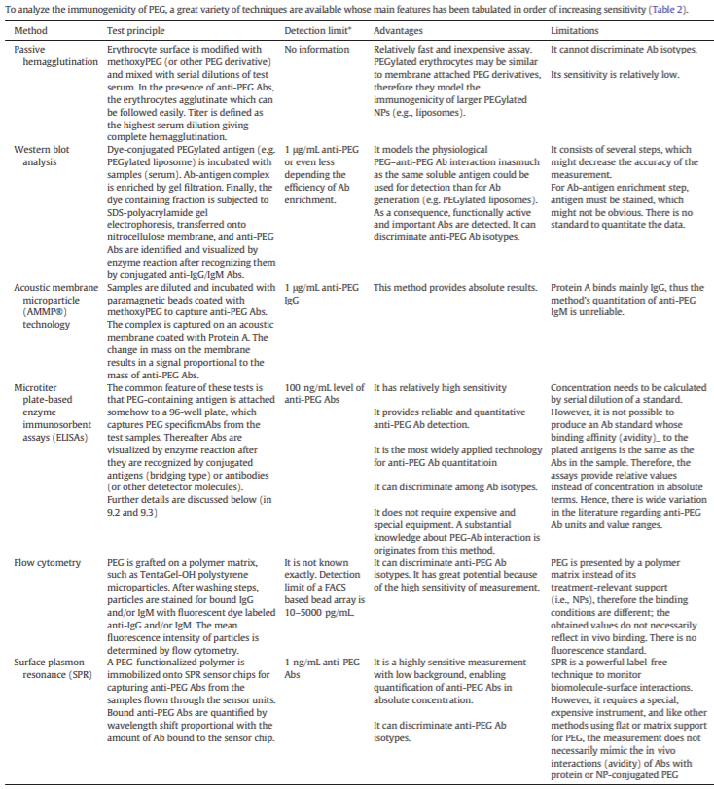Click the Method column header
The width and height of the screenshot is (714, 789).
(x=30, y=31)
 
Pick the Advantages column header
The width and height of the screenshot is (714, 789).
(x=398, y=31)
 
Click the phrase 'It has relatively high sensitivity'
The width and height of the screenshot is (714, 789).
(x=439, y=385)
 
